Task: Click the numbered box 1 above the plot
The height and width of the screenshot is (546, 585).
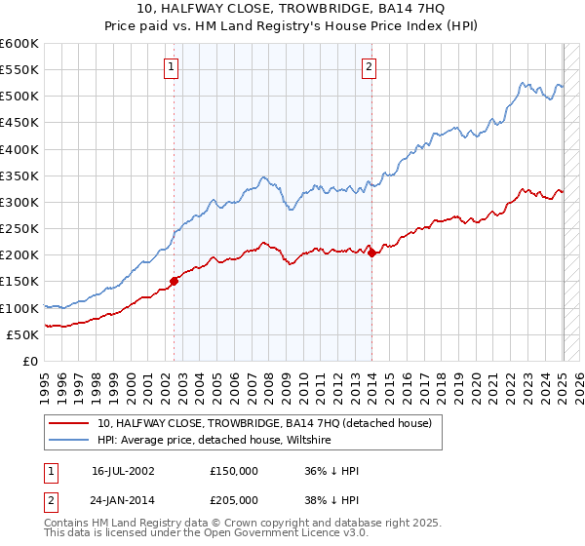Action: click(x=171, y=67)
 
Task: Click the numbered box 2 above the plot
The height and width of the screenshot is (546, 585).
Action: click(x=370, y=67)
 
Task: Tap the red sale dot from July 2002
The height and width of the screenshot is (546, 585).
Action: click(x=175, y=281)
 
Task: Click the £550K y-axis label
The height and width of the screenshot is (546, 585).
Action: click(x=19, y=70)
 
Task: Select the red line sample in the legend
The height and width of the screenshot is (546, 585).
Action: click(x=68, y=423)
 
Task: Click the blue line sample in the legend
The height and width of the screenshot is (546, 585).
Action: click(x=68, y=440)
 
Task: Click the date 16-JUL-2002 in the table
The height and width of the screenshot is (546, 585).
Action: click(x=123, y=470)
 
